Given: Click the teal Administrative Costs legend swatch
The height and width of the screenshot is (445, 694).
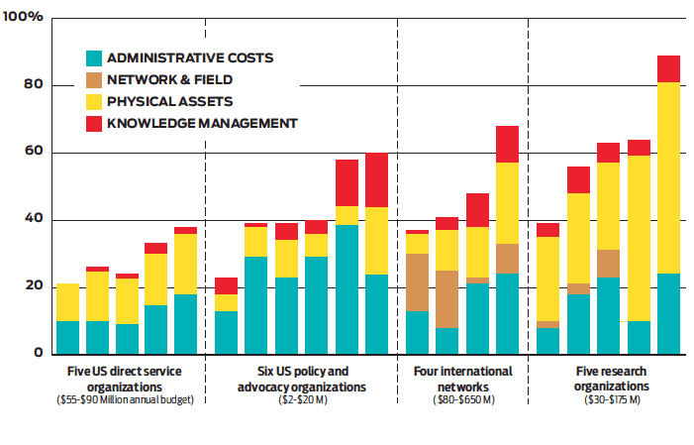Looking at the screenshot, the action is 94,58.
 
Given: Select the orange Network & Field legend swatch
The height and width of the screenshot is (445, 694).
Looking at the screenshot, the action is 94,80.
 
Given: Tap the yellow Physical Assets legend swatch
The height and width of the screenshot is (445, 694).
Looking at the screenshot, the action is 94,102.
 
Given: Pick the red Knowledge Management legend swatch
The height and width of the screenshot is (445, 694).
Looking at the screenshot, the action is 94,124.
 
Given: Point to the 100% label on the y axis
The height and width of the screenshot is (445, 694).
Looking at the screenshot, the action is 23,17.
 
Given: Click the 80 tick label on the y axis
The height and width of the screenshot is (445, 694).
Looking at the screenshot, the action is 34,84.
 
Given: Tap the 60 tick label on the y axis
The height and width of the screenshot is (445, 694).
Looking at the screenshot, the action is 34,151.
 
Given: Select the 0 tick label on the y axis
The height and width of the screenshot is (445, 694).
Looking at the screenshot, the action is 38,353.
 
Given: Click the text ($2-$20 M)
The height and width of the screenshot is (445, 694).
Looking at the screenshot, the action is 303,399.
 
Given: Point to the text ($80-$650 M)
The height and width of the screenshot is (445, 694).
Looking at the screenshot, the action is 463,399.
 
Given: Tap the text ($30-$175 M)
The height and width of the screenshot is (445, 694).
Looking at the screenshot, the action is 612,399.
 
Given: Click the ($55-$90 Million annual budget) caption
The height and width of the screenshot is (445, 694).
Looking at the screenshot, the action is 126,399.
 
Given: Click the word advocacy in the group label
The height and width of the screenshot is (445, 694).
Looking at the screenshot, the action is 264,387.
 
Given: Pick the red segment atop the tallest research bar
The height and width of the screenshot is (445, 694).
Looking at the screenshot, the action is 668,69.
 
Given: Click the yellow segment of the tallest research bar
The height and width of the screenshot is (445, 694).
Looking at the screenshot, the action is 668,178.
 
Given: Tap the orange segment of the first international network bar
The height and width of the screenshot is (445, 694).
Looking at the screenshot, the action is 417,282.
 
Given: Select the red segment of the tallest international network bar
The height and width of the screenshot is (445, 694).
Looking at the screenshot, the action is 507,145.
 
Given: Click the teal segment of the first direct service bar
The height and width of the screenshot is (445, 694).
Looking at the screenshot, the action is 67,338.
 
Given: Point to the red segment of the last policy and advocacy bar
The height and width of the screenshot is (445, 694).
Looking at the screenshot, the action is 376,180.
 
